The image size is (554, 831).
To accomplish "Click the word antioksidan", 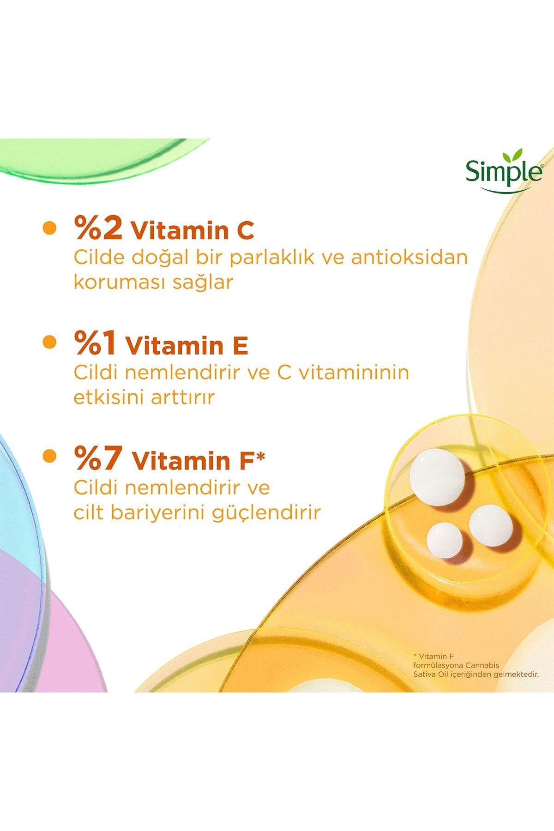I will pos(410,258).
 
